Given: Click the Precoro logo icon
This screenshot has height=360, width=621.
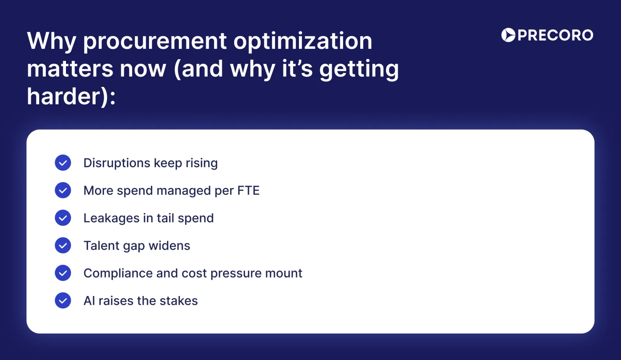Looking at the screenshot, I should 508,35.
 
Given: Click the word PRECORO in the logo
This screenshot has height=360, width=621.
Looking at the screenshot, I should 555,35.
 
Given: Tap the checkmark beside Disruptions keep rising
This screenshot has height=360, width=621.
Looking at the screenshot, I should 63,163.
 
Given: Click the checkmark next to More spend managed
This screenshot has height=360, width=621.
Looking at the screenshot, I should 63,190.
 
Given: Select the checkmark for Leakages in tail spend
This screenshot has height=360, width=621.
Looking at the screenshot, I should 63,218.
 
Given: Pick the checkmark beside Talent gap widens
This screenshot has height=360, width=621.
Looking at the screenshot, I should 63,246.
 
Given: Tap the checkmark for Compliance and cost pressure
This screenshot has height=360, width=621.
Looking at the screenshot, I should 63,273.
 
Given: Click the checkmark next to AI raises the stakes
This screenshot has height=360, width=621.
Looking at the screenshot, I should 63,301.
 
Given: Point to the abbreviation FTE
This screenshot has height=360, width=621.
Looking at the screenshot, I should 248,190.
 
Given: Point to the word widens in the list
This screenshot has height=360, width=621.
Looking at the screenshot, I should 169,246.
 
